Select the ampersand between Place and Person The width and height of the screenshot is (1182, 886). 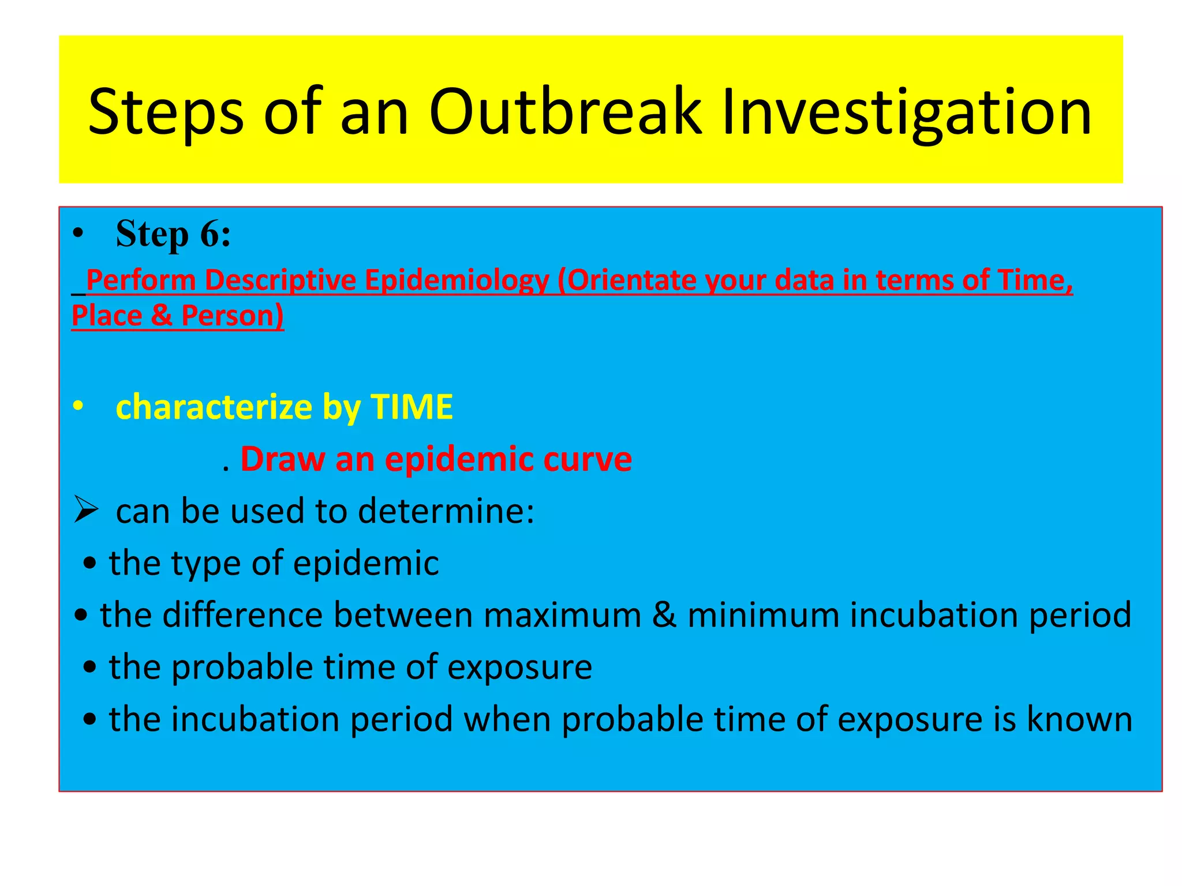coord(162,316)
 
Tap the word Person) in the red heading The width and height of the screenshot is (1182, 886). coord(233,316)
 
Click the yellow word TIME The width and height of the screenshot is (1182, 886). coord(412,407)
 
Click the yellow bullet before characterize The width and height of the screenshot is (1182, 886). coord(78,407)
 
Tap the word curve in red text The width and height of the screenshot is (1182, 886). coord(588,459)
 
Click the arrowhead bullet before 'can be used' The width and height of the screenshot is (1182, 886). coord(87,510)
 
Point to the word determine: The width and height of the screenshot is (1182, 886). coord(447,511)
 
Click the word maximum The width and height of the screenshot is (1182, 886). coord(562,615)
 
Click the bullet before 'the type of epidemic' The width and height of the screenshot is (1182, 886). coord(89,564)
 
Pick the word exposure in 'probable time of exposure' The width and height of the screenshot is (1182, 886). coord(519,667)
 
